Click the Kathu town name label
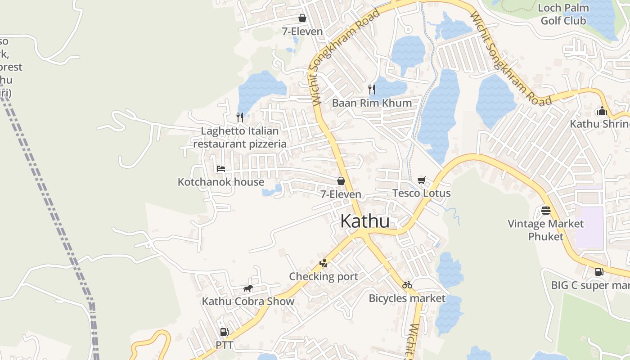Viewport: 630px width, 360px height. point(364,221)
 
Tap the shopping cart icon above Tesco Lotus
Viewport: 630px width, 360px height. point(422,180)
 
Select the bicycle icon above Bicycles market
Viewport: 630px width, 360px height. point(407,285)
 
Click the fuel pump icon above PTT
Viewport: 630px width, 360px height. point(224,333)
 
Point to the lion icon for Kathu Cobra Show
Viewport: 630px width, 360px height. point(248,288)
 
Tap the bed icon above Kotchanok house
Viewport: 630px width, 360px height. point(220,169)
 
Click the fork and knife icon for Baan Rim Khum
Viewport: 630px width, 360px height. point(372,89)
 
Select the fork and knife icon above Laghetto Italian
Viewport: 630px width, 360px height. point(240,117)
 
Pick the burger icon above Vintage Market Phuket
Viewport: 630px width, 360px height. point(546,211)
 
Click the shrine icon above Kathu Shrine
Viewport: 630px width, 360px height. point(602,111)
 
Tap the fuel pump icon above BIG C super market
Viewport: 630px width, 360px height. point(599,272)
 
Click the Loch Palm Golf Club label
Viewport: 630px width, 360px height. point(563,14)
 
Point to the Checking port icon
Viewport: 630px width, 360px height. point(323,263)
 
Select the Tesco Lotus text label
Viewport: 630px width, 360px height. point(422,193)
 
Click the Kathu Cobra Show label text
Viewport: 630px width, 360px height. point(248,301)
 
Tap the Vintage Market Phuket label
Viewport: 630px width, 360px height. point(545,230)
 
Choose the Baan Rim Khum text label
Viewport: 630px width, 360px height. point(372,103)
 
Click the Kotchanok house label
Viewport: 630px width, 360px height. point(221,182)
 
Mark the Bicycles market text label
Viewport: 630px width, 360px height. point(407,298)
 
